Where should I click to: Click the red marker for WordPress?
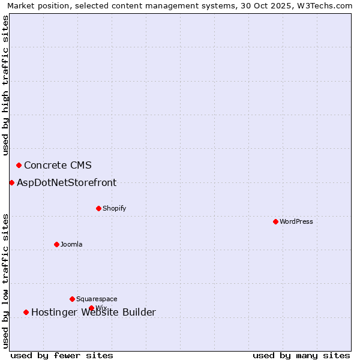coord(275,221)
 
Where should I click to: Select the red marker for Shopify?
coord(98,208)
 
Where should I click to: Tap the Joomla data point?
coord(56,244)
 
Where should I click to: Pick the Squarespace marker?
coord(72,299)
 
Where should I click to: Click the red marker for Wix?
coord(91,308)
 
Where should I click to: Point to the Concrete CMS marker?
coord(19,165)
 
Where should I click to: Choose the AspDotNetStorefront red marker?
coord(11,182)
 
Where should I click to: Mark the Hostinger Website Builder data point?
coord(26,312)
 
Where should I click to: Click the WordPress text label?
coord(296,222)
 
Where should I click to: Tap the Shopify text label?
coord(115,209)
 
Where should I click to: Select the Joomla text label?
coord(71,245)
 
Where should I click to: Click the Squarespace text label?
coord(97,299)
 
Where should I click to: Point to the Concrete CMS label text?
coord(58,166)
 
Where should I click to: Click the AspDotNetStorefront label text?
coord(67,183)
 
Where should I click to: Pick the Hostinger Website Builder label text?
coord(94,313)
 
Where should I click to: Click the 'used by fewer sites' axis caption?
coord(62,355)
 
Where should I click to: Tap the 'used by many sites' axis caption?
coord(301,355)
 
